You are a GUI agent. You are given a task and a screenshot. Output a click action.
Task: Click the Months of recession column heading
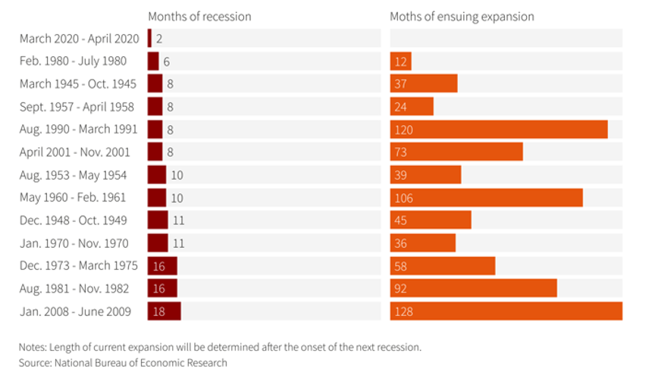(x=199, y=17)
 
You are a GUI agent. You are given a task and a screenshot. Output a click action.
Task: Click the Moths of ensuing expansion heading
(x=462, y=17)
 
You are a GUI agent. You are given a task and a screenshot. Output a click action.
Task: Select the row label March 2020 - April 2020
(x=80, y=39)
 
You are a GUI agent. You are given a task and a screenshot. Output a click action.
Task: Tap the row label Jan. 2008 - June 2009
(x=75, y=311)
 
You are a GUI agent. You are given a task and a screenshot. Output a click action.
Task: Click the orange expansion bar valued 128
(x=506, y=311)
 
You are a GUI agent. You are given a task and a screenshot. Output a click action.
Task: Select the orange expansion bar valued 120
(x=498, y=130)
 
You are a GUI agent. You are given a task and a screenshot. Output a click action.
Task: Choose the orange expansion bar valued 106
(x=486, y=198)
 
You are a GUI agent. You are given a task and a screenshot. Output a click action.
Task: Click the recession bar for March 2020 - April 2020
(x=150, y=39)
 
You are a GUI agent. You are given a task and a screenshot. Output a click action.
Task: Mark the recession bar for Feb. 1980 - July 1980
(x=153, y=61)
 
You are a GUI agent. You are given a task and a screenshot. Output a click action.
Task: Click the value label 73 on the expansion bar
(x=401, y=152)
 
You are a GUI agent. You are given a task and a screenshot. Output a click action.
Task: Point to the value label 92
(x=401, y=289)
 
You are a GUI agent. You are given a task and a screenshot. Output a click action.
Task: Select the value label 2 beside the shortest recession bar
(x=160, y=39)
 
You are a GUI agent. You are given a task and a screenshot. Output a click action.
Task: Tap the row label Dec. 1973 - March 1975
(x=79, y=266)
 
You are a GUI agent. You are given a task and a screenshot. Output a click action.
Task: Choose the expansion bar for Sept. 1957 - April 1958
(x=412, y=107)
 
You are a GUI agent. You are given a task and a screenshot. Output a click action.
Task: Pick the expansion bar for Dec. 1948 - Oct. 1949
(x=431, y=221)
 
